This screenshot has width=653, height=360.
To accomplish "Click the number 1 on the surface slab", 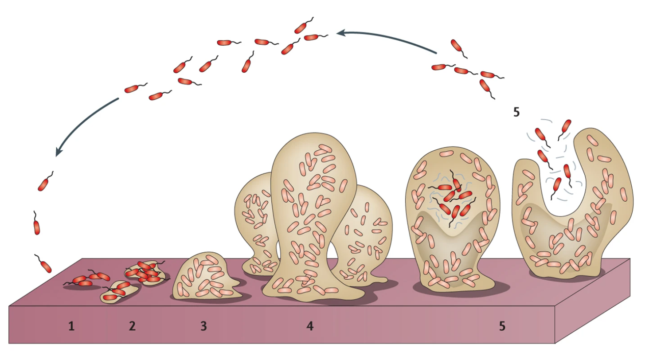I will coord(71,327).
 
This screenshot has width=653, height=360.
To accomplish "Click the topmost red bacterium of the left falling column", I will coord(43,183).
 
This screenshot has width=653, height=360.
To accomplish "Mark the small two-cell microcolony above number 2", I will coord(118,291).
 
